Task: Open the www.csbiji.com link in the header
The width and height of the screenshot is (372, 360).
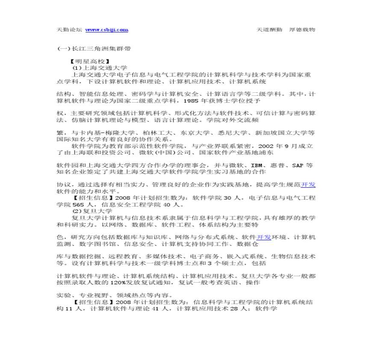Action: click(107, 30)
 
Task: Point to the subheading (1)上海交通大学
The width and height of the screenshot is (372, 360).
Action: click(100, 68)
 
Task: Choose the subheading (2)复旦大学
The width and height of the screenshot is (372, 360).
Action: click(92, 211)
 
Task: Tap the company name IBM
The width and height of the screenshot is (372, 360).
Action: click(256, 165)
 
